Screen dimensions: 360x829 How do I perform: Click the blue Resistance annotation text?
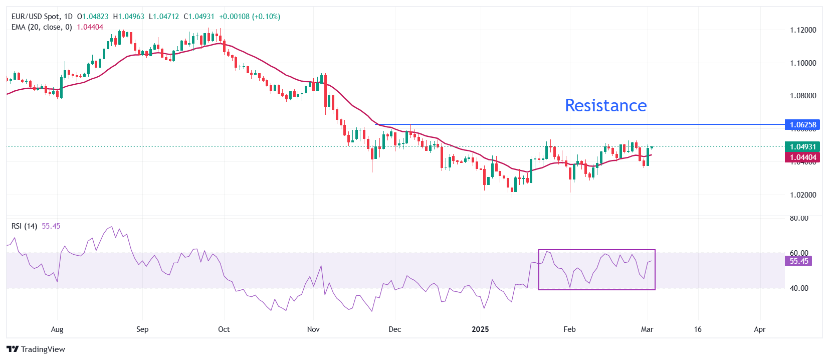tap(605, 105)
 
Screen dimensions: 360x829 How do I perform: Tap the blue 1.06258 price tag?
tap(802, 124)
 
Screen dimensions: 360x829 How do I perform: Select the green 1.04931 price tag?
tap(802, 146)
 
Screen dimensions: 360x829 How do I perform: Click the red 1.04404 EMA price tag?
tap(802, 157)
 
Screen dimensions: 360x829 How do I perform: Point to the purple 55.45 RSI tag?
tap(798, 261)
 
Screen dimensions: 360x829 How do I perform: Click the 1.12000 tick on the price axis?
tap(803, 30)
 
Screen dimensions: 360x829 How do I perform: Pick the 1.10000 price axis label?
tap(803, 63)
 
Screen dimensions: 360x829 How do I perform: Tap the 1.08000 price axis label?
tap(803, 96)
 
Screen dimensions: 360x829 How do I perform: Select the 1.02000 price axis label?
tap(803, 195)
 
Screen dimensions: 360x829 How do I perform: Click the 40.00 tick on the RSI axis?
tap(799, 288)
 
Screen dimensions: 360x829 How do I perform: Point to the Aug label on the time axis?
tap(57, 329)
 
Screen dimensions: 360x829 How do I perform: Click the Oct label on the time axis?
tap(224, 329)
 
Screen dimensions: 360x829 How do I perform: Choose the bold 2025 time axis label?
tap(480, 329)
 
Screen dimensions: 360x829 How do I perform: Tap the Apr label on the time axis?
tap(760, 329)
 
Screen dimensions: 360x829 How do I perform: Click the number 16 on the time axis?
tap(698, 329)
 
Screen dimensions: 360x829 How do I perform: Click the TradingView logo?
tap(36, 349)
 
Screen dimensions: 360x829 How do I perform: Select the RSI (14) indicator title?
tap(24, 226)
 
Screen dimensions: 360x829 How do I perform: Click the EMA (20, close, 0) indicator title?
tap(42, 27)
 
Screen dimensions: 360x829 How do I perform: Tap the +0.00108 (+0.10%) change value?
tap(250, 17)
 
